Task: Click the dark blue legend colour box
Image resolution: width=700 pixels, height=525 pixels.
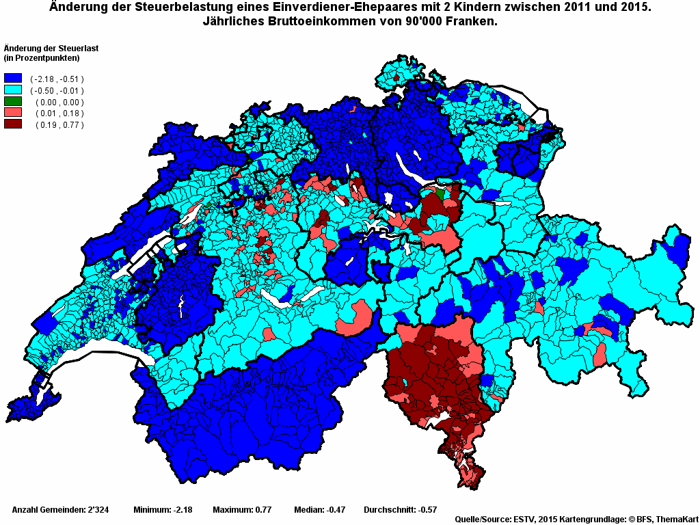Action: [x=13, y=79]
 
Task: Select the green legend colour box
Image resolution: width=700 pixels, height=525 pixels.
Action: [x=13, y=102]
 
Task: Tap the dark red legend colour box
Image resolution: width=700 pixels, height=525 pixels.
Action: [x=13, y=124]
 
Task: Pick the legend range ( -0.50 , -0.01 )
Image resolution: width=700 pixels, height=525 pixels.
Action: [x=57, y=91]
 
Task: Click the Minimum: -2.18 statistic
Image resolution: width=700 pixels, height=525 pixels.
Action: [x=163, y=510]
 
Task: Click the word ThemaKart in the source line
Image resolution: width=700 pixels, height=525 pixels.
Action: [x=676, y=520]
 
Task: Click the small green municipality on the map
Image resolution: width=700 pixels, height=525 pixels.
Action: [x=440, y=195]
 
